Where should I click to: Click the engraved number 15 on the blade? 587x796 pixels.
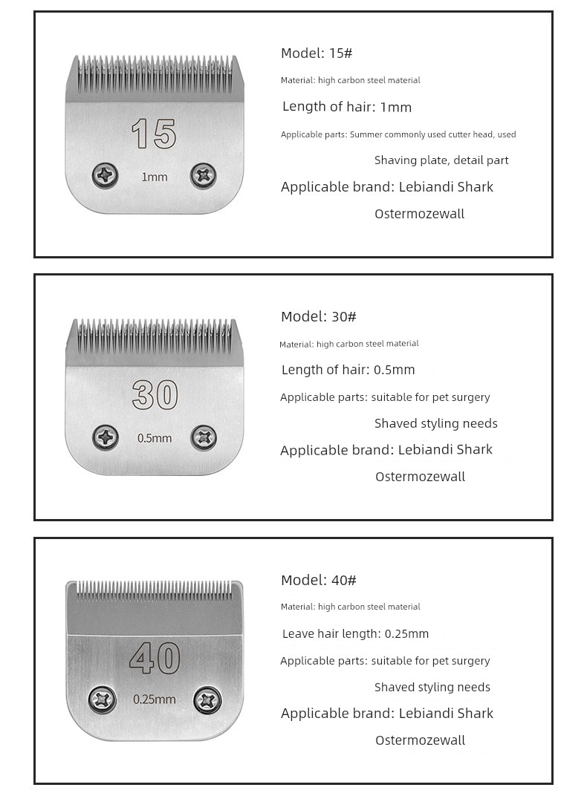pyautogui.click(x=154, y=134)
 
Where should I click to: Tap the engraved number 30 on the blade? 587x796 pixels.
pyautogui.click(x=155, y=395)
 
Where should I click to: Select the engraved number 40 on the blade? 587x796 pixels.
pyautogui.click(x=155, y=658)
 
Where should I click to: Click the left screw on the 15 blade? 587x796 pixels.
pyautogui.click(x=106, y=176)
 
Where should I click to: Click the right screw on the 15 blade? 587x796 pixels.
pyautogui.click(x=204, y=175)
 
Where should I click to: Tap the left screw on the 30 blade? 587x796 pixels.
pyautogui.click(x=106, y=437)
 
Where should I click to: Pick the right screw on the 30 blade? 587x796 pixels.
pyautogui.click(x=204, y=437)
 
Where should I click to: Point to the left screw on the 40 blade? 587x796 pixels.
pyautogui.click(x=102, y=699)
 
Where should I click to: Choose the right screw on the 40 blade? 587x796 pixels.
pyautogui.click(x=207, y=699)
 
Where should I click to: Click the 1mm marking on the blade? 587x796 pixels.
pyautogui.click(x=155, y=177)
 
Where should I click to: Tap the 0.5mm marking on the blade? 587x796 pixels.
pyautogui.click(x=155, y=438)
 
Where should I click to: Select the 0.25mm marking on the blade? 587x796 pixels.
pyautogui.click(x=155, y=699)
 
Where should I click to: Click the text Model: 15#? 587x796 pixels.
pyautogui.click(x=317, y=53)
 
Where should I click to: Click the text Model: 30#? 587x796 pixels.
pyautogui.click(x=319, y=317)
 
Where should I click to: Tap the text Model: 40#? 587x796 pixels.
pyautogui.click(x=319, y=581)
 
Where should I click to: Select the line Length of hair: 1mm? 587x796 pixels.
pyautogui.click(x=347, y=107)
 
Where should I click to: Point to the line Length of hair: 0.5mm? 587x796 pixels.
pyautogui.click(x=348, y=370)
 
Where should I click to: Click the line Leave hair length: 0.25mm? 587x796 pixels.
pyautogui.click(x=355, y=634)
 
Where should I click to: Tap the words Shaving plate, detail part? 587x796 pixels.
pyautogui.click(x=441, y=160)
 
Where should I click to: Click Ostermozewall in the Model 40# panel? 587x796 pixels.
pyautogui.click(x=420, y=740)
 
